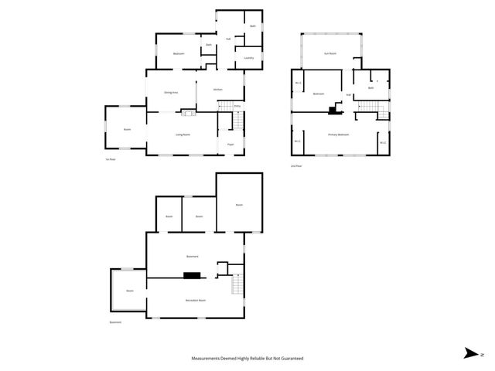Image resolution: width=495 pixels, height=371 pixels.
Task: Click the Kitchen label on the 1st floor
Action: pos(218,90)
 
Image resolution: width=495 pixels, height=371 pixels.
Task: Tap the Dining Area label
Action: pos(171,93)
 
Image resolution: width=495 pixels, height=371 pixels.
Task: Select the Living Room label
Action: pos(183,134)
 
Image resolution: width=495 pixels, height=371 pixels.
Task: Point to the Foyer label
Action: pos(230,145)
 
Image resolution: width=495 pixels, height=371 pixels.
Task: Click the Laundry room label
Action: pos(249,58)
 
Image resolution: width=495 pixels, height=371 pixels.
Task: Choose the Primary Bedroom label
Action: pos(339,134)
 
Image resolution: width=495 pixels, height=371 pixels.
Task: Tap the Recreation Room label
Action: pos(195,300)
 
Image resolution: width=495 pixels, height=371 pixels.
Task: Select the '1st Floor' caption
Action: pos(111,159)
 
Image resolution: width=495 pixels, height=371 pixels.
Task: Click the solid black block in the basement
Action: pos(191,274)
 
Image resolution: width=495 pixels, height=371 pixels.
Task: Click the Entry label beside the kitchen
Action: pos(237,105)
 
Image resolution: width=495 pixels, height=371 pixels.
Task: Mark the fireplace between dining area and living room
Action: pos(186,114)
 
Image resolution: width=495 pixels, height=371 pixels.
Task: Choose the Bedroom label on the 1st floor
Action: pos(179,53)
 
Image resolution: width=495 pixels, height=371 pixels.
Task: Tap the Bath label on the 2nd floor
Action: pos(371,88)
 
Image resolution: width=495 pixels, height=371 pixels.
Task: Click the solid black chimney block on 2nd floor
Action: pos(333,110)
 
